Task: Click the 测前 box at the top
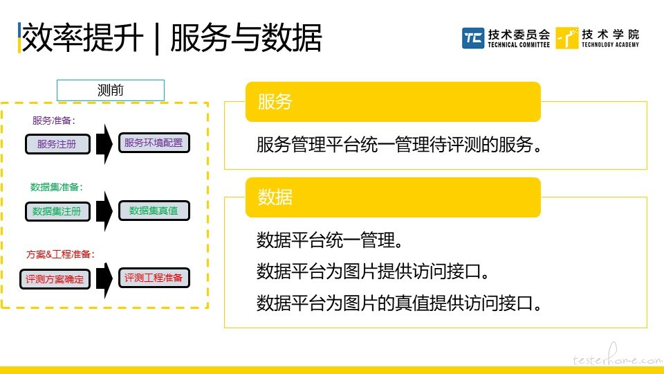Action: tap(111, 90)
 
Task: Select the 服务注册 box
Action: tap(57, 144)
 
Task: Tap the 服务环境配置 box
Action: tap(154, 143)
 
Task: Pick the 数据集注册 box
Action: tap(57, 211)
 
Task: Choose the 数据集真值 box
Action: tap(154, 211)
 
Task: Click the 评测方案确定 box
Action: tap(55, 279)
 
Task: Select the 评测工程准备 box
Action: tap(154, 278)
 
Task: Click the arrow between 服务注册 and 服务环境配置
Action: tap(104, 144)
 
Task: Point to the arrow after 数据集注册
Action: tap(104, 211)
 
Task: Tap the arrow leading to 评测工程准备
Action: tap(104, 278)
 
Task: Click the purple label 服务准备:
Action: tap(54, 121)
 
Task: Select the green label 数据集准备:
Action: tap(56, 187)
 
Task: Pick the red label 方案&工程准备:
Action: tap(60, 254)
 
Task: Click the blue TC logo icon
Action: tap(473, 38)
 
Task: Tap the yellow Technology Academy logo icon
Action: tap(567, 38)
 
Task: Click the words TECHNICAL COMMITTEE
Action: tap(519, 44)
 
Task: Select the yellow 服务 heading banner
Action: tap(393, 102)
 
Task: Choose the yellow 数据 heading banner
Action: tap(393, 197)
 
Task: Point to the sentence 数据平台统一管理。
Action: tap(329, 240)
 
